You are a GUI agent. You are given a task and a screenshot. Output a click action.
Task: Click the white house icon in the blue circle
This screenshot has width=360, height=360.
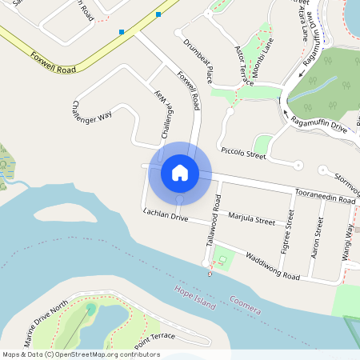[x=180, y=172]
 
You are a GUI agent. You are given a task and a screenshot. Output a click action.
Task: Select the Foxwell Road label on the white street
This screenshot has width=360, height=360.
[x=189, y=92]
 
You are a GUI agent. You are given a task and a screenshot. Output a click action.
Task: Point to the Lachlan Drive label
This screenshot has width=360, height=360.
[x=166, y=216]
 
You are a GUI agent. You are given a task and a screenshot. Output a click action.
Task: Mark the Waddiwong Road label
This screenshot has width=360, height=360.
[x=272, y=266]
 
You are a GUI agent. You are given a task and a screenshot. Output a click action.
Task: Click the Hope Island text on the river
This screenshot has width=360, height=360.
[x=195, y=294]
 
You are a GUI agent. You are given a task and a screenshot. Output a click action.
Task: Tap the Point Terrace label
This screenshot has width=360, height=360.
[x=154, y=338]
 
